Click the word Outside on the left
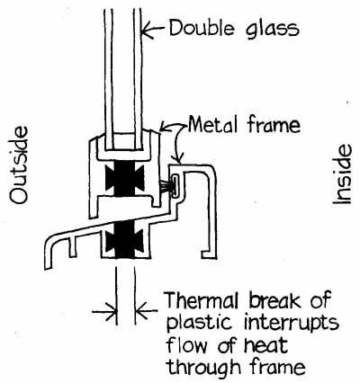click(x=19, y=165)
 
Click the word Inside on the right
click(x=342, y=174)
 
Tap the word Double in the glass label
click(x=202, y=28)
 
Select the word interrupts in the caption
click(x=292, y=324)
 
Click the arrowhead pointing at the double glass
click(x=147, y=31)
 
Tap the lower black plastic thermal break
click(x=125, y=241)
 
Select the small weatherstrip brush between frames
click(x=166, y=187)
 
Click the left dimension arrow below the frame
click(x=104, y=312)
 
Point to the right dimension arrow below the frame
click(x=146, y=312)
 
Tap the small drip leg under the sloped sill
click(x=72, y=246)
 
